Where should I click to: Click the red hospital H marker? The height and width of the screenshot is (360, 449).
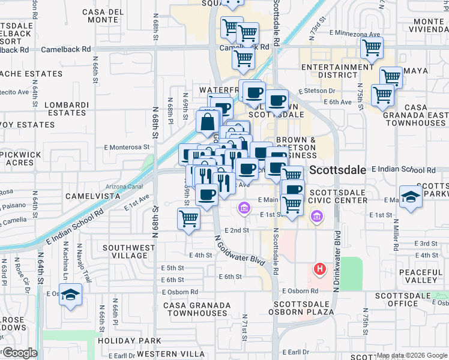point(320,268)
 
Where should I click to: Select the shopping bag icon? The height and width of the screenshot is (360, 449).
point(207,122)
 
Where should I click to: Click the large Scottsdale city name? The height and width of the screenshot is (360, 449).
point(338,170)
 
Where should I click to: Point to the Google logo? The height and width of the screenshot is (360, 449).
point(19,353)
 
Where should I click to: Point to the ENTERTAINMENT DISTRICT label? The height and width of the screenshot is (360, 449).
point(337,71)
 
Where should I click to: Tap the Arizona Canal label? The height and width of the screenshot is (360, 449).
point(125,187)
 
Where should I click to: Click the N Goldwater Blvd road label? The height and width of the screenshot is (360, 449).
point(240,250)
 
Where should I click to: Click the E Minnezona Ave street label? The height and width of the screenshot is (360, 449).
point(355,34)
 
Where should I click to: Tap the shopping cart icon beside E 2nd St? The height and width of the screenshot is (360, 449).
point(189,219)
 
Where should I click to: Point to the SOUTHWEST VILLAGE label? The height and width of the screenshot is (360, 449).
point(124,251)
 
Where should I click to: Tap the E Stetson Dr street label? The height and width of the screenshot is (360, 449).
point(320,91)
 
